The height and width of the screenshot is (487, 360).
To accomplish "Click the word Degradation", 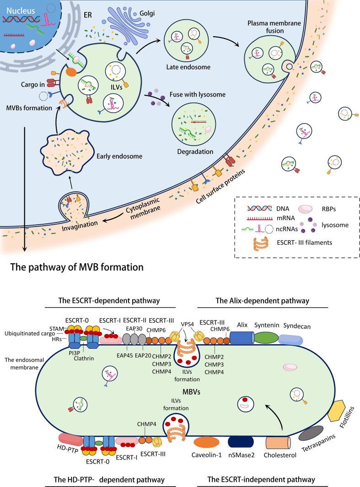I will click(x=196, y=152).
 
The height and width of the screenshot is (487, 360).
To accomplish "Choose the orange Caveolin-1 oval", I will click(x=208, y=443).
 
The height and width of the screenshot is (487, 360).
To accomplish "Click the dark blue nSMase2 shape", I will click(x=242, y=443).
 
